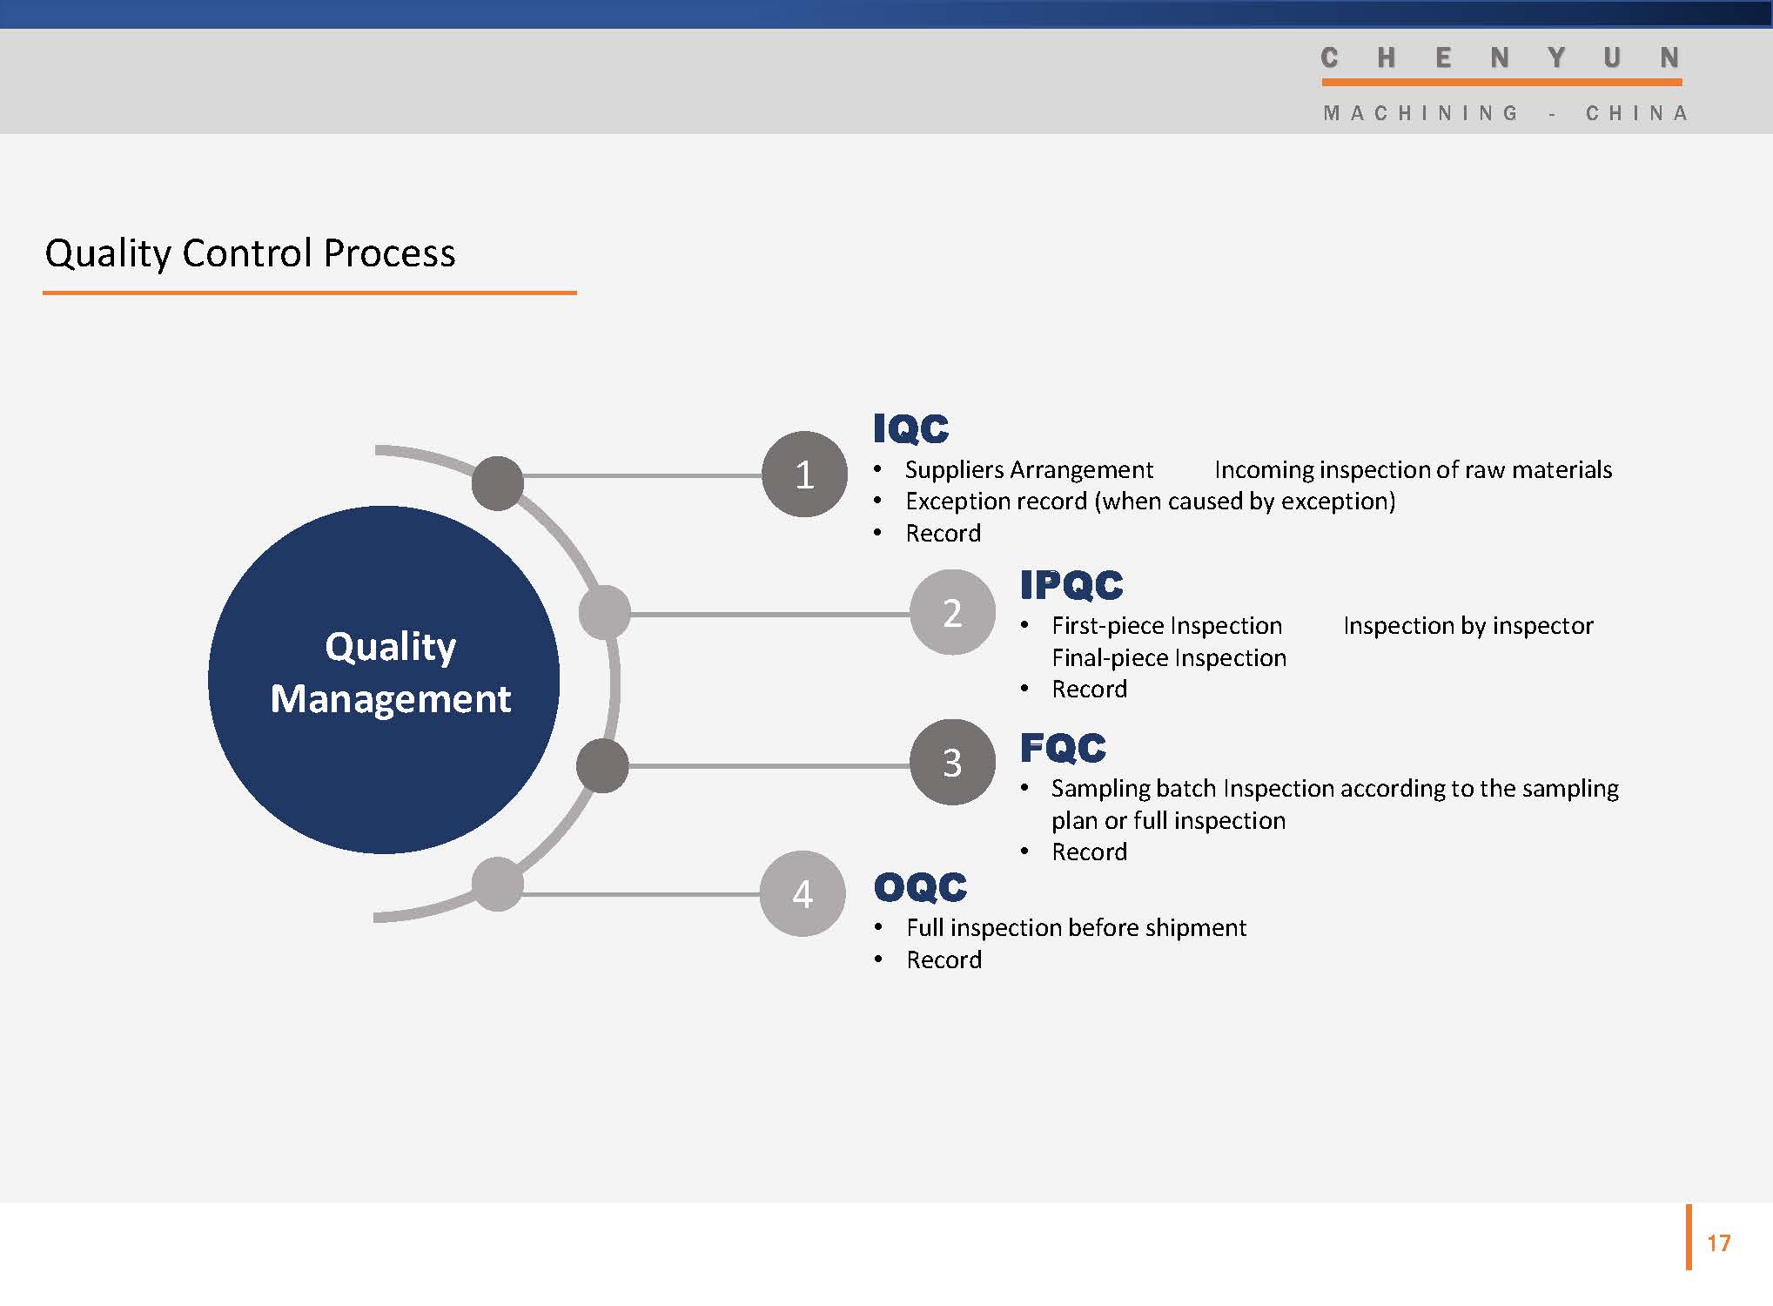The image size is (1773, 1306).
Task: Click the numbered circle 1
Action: (804, 475)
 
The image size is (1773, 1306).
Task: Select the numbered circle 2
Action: (952, 612)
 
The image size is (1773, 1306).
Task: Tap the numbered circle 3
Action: (952, 762)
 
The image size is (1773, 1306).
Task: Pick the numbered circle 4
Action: (803, 893)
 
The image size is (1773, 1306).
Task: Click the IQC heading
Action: (910, 428)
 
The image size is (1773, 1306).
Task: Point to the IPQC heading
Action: (1071, 585)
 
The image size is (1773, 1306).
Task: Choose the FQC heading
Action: (1063, 748)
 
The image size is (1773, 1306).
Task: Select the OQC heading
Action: (920, 887)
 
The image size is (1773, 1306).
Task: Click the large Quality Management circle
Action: (384, 679)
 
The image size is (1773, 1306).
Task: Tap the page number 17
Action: (1718, 1243)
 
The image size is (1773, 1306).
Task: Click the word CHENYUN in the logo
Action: (1500, 57)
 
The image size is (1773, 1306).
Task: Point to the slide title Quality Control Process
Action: (250, 253)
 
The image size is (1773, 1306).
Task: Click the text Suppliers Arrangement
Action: (1029, 470)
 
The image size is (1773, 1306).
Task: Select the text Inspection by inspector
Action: (1468, 626)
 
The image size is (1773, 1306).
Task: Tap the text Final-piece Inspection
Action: (1169, 658)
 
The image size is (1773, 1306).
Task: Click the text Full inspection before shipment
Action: (1076, 928)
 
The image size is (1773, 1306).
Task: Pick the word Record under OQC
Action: (944, 959)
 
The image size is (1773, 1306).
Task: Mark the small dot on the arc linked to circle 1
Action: (497, 483)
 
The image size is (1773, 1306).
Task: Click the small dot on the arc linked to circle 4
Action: (497, 884)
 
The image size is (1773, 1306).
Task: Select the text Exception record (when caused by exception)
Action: (1150, 502)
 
